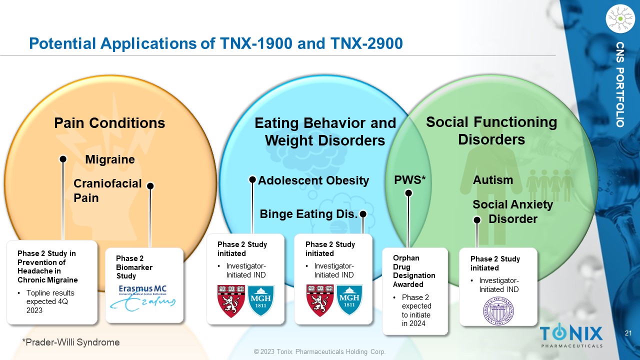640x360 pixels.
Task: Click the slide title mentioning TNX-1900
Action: (x=215, y=43)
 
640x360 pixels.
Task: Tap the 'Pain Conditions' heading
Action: (x=109, y=123)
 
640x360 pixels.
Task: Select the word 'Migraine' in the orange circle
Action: (x=110, y=159)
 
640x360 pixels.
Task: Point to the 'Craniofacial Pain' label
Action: (x=107, y=191)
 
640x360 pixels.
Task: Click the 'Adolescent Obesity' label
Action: (x=313, y=180)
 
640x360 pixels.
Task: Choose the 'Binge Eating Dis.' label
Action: (x=308, y=214)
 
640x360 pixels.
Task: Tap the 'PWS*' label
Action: (x=410, y=179)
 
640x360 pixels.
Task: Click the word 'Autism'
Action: (x=493, y=180)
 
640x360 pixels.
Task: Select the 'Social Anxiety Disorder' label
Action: (x=512, y=211)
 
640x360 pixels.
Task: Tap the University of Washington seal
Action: (x=498, y=310)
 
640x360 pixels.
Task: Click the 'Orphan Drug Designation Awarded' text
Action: (x=414, y=271)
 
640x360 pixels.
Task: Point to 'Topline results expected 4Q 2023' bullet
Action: (x=50, y=301)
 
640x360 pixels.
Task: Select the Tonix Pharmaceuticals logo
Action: (x=571, y=335)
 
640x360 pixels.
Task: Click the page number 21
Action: (x=629, y=333)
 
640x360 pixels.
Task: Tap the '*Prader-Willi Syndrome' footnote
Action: (x=70, y=342)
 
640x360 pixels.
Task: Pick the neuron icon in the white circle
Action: (x=619, y=18)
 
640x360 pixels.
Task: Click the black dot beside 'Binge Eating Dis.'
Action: (x=363, y=214)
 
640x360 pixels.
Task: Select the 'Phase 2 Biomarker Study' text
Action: (x=134, y=267)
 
